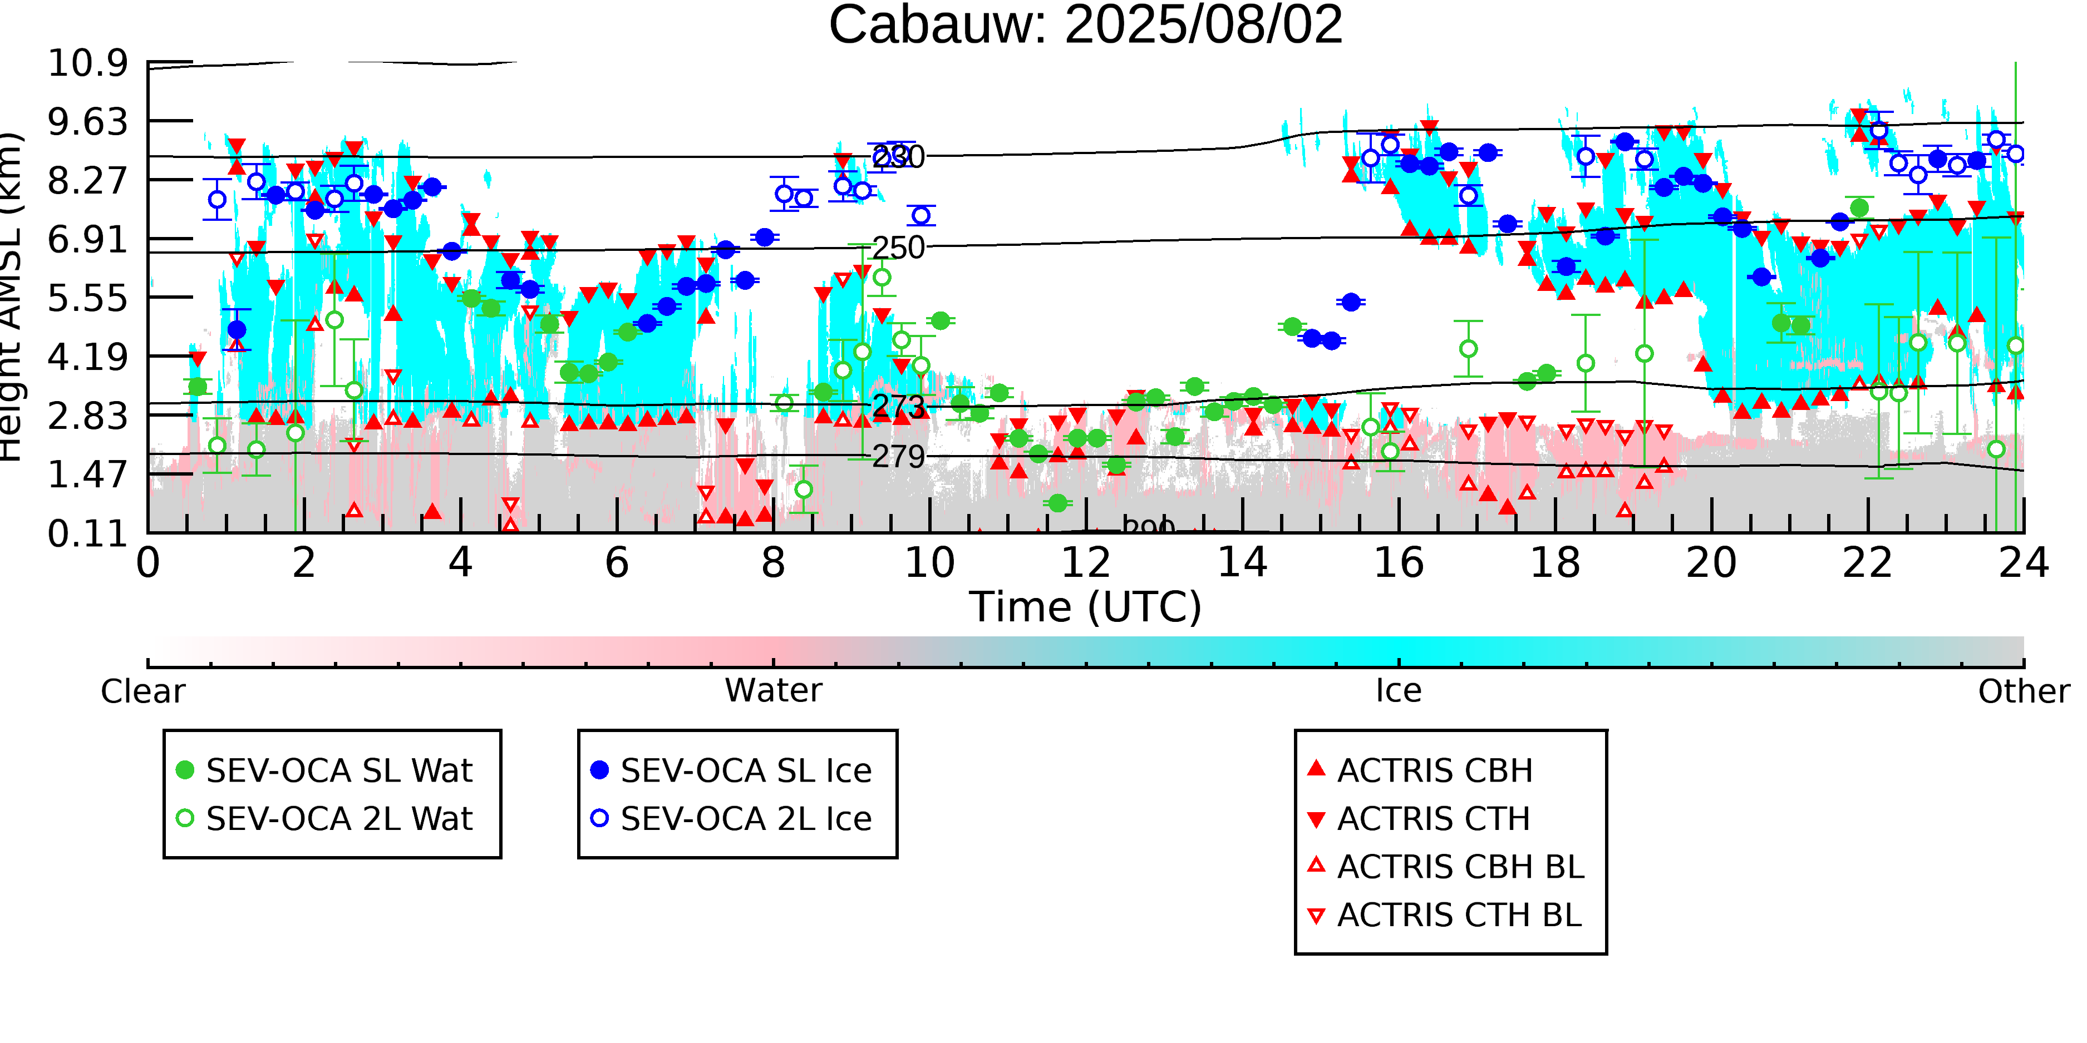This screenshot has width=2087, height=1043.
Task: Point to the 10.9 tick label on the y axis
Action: coord(87,63)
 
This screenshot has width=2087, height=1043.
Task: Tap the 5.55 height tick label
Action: coord(87,298)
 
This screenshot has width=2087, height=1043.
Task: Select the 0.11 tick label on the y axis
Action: coord(87,533)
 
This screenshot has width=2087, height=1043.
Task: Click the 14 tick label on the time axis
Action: coord(1242,563)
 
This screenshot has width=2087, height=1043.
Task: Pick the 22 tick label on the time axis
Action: coord(1867,563)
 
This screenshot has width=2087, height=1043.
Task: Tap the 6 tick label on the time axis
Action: coord(617,563)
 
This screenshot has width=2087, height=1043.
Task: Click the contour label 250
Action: coord(898,248)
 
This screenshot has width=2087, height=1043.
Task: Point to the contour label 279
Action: coord(898,457)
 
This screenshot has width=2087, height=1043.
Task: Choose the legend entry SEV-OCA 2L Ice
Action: coord(745,819)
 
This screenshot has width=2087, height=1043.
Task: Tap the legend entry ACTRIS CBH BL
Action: coord(1460,867)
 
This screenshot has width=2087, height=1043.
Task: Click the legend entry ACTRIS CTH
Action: coord(1433,819)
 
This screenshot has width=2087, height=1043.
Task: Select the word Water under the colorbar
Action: coord(773,691)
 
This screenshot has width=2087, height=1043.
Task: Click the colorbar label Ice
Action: coord(1399,691)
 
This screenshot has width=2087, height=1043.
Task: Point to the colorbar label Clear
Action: coord(142,691)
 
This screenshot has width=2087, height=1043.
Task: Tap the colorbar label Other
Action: coord(2023,691)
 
